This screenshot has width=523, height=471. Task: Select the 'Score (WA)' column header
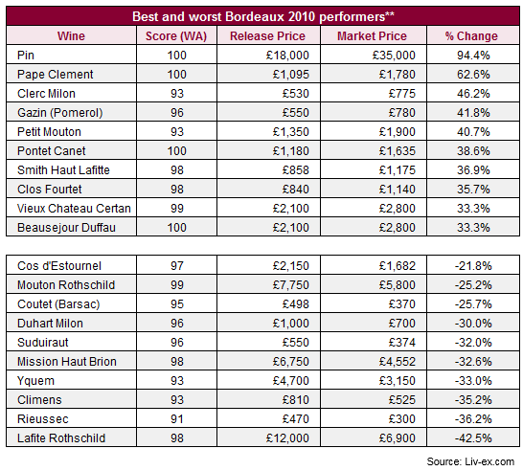pyautogui.click(x=176, y=36)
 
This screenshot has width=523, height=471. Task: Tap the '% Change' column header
pyautogui.click(x=471, y=36)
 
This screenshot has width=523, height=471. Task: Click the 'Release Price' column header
pyautogui.click(x=267, y=36)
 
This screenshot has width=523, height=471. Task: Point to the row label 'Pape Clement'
pyautogui.click(x=55, y=75)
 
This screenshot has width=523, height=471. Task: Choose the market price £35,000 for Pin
pyautogui.click(x=394, y=56)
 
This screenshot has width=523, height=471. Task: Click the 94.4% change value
pyautogui.click(x=473, y=56)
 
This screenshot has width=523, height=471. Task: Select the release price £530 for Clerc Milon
pyautogui.click(x=296, y=94)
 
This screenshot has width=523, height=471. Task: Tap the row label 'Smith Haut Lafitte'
pyautogui.click(x=63, y=170)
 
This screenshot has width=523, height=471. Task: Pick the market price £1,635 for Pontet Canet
pyautogui.click(x=398, y=151)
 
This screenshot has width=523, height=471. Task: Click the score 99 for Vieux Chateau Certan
pyautogui.click(x=177, y=209)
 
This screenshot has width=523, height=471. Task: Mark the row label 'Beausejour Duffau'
pyautogui.click(x=66, y=228)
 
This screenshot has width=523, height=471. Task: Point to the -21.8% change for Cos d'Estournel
pyautogui.click(x=473, y=266)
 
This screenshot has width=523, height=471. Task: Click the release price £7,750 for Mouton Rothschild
pyautogui.click(x=291, y=285)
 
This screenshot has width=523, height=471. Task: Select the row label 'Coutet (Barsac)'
pyautogui.click(x=58, y=304)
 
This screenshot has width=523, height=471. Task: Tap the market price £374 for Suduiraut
pyautogui.click(x=402, y=343)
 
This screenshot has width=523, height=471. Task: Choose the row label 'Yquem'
pyautogui.click(x=35, y=381)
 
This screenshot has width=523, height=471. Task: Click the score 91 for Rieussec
pyautogui.click(x=177, y=419)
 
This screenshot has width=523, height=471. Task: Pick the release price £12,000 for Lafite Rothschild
pyautogui.click(x=287, y=438)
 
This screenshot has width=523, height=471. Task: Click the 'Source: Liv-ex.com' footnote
pyautogui.click(x=470, y=461)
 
